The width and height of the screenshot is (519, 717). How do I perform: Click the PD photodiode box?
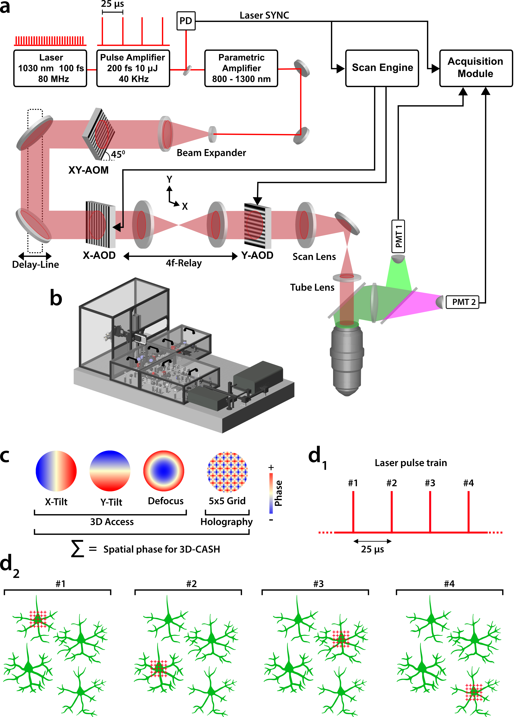point(186,21)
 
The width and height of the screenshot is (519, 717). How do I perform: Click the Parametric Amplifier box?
point(241,68)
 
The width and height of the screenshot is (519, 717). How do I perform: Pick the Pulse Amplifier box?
point(133,68)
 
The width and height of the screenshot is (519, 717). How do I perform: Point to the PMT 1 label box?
point(398,237)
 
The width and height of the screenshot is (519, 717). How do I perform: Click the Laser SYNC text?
point(264,15)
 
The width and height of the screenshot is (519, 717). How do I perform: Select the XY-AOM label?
point(88,170)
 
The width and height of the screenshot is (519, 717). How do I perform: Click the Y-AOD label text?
point(257,255)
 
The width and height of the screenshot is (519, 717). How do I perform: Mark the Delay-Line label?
point(35,264)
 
